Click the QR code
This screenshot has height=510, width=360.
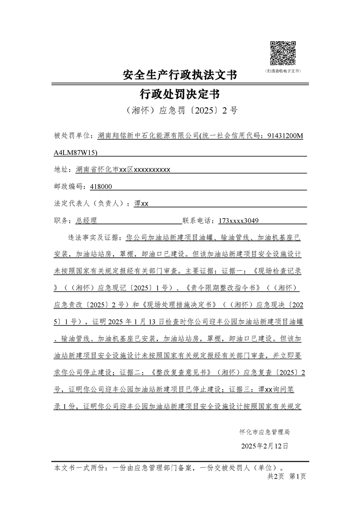click(x=283, y=53)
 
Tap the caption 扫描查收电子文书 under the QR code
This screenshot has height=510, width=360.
click(x=283, y=71)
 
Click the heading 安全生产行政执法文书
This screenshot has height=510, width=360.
click(x=180, y=75)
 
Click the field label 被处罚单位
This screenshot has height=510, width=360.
click(x=72, y=135)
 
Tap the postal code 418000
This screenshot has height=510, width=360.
click(x=101, y=187)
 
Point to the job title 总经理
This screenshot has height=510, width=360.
click(x=86, y=221)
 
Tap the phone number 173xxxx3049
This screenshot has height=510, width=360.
click(x=239, y=221)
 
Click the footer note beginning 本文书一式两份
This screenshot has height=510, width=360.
click(x=169, y=468)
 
